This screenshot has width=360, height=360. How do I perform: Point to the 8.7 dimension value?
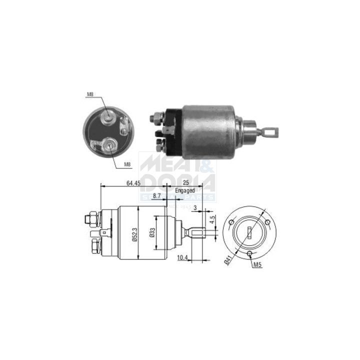[157, 196]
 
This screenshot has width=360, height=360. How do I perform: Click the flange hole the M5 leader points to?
[250, 253]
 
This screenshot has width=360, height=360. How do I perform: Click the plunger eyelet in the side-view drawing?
[197, 232]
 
